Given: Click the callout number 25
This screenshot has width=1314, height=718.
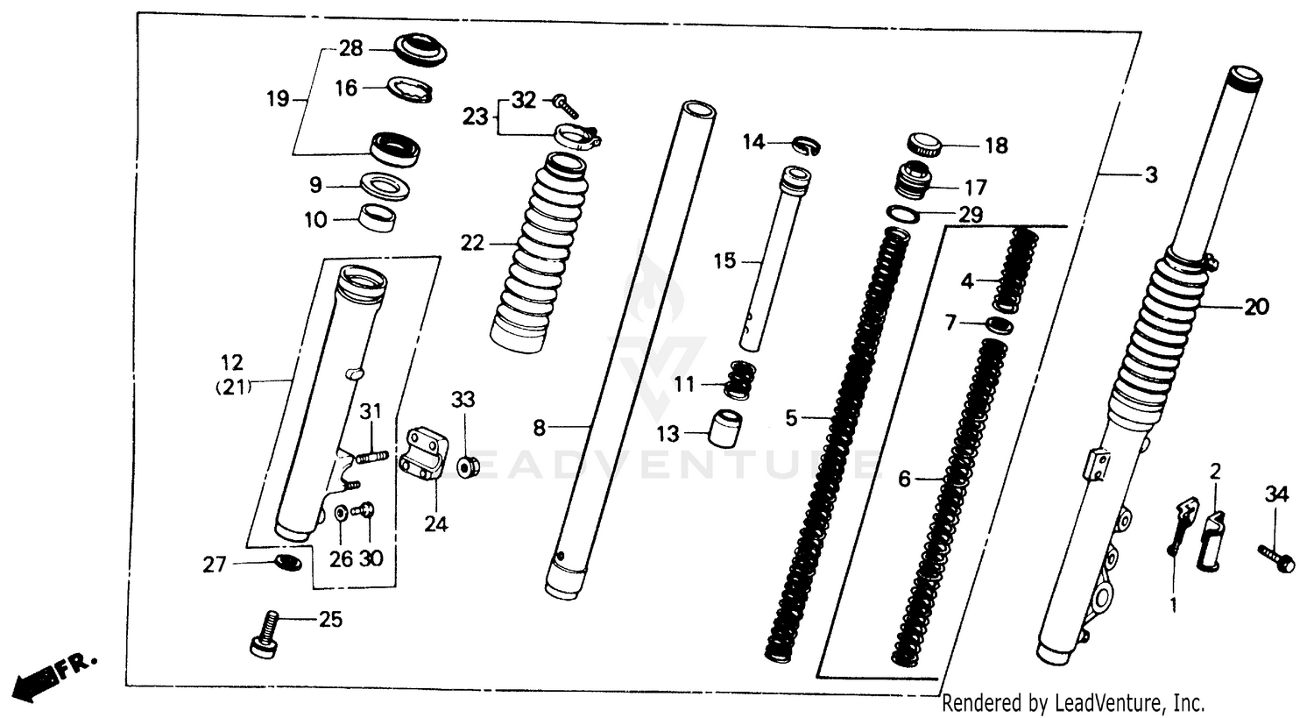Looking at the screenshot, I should [x=330, y=620].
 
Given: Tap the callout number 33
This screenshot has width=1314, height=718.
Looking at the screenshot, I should [x=463, y=400].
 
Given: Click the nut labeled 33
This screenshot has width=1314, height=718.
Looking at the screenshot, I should [x=466, y=465].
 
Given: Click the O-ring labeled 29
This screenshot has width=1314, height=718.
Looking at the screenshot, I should [x=903, y=213].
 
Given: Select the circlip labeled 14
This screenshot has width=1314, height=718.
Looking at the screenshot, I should [x=806, y=144].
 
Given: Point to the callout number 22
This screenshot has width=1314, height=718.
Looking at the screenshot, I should [x=472, y=243].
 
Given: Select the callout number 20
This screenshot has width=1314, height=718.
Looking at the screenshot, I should [x=1256, y=307].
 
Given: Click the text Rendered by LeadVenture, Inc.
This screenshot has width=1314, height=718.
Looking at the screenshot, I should [x=1073, y=702].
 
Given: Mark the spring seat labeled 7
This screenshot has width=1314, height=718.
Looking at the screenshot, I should [x=999, y=325].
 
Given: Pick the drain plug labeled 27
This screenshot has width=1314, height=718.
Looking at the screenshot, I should [x=289, y=560].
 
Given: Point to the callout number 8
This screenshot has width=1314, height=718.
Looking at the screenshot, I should [x=539, y=428].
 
